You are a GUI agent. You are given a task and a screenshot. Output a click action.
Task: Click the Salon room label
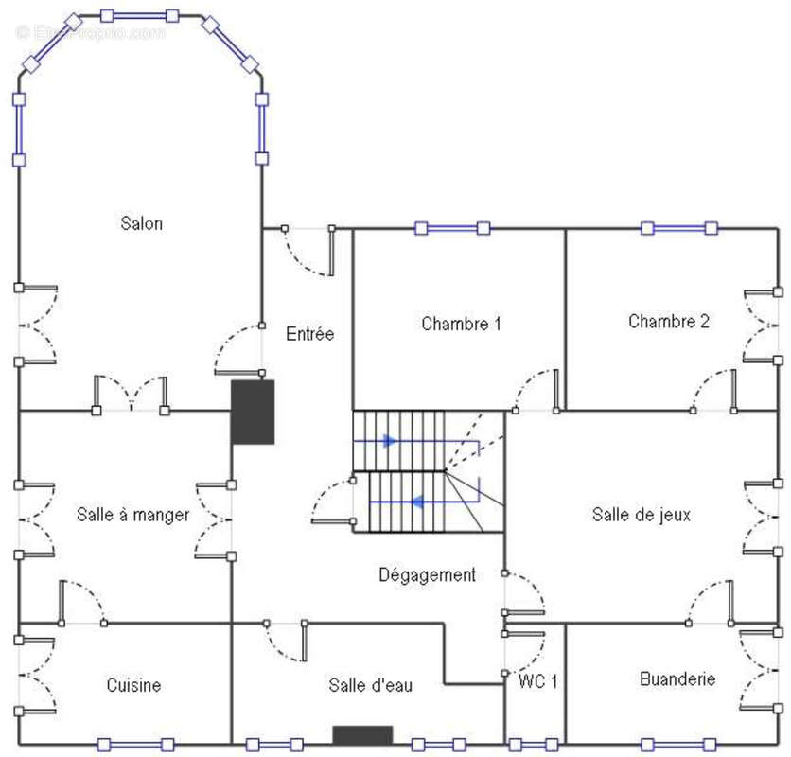pyautogui.click(x=142, y=224)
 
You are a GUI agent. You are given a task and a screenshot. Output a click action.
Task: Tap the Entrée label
pyautogui.click(x=309, y=334)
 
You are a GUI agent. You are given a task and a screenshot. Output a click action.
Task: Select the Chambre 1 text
pyautogui.click(x=461, y=325)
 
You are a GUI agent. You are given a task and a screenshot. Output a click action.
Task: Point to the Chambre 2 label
pyautogui.click(x=668, y=322)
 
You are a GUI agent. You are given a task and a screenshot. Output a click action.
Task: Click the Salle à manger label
pyautogui.click(x=132, y=516)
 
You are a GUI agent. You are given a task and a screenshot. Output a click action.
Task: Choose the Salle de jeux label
pyautogui.click(x=641, y=515)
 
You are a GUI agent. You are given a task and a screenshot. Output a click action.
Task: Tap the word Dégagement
pyautogui.click(x=427, y=575)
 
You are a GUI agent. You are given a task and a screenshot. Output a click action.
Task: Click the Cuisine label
pyautogui.click(x=133, y=685)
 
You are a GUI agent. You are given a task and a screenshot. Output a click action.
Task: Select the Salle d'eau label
pyautogui.click(x=370, y=685)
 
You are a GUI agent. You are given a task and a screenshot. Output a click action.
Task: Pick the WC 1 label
pyautogui.click(x=537, y=681)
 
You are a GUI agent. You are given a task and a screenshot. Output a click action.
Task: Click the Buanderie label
pyautogui.click(x=677, y=679)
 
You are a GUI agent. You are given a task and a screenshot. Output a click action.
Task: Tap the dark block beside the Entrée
pyautogui.click(x=253, y=413)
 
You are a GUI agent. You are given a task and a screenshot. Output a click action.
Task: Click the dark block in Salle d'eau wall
pyautogui.click(x=361, y=735)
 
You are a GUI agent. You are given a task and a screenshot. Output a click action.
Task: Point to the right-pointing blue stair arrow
pyautogui.click(x=389, y=441)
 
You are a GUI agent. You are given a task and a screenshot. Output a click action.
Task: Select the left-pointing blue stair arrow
pyautogui.click(x=413, y=502)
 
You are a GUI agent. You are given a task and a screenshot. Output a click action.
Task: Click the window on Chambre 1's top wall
pyautogui.click(x=452, y=228)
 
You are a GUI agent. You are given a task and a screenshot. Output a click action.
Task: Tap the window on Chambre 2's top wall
pyautogui.click(x=678, y=228)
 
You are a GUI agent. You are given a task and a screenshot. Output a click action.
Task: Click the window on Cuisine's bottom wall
pyautogui.click(x=135, y=745)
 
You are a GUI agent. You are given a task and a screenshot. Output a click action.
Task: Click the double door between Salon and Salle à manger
pyautogui.click(x=131, y=397)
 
